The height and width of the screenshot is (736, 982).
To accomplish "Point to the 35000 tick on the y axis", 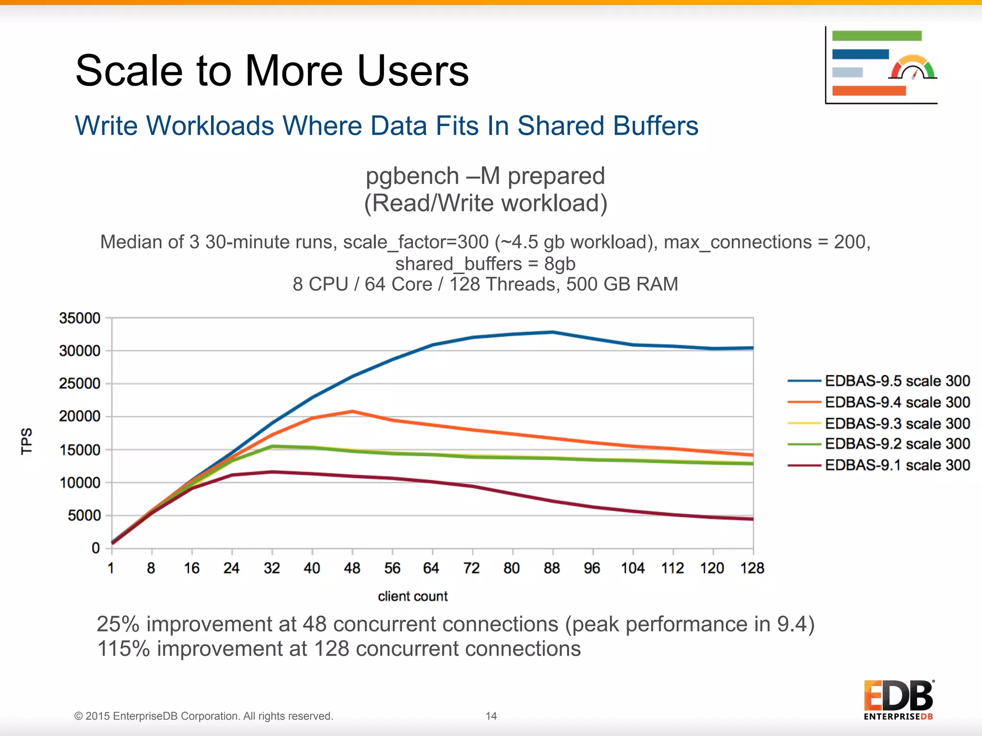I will (80, 318).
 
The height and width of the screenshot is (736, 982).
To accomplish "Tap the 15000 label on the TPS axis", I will (80, 450).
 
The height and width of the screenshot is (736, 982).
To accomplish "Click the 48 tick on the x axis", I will (352, 568).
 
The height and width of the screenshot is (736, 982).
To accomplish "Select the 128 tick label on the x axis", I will (752, 568).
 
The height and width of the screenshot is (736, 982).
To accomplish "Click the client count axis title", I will (412, 596).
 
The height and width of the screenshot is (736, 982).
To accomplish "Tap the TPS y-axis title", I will (27, 441).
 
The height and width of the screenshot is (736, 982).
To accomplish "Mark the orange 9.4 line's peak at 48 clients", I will (352, 412).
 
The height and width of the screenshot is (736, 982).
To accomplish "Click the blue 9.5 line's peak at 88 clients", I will (553, 332).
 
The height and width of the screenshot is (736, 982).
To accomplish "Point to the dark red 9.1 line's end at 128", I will (752, 519).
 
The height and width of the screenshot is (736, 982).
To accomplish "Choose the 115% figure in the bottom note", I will (123, 649).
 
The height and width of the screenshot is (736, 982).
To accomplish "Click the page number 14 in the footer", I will (491, 716).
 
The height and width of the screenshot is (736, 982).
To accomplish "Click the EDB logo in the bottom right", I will (899, 700).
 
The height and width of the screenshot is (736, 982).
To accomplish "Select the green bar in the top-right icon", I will (877, 36).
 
